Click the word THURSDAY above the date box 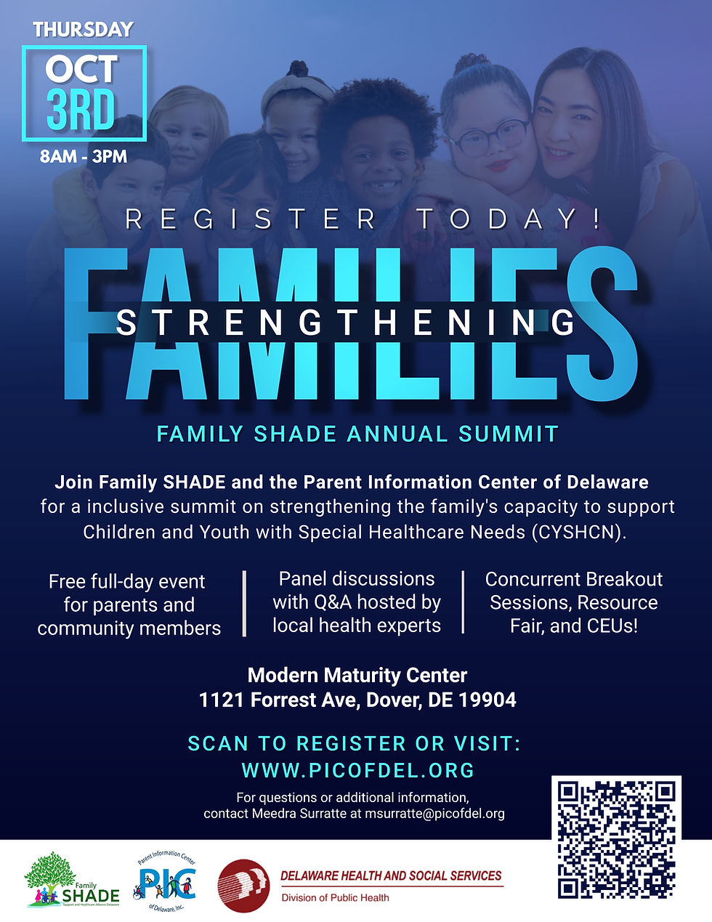(83, 30)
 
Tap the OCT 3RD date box (84, 92)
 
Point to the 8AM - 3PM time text (84, 156)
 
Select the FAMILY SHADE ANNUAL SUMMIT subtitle (357, 434)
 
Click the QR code (616, 838)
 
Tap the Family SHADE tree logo (71, 881)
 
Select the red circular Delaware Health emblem (243, 886)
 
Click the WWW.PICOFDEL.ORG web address (357, 770)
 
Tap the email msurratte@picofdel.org (434, 814)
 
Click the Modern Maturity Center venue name (357, 676)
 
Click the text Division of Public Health (335, 898)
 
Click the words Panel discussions (357, 579)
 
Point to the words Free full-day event (127, 582)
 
